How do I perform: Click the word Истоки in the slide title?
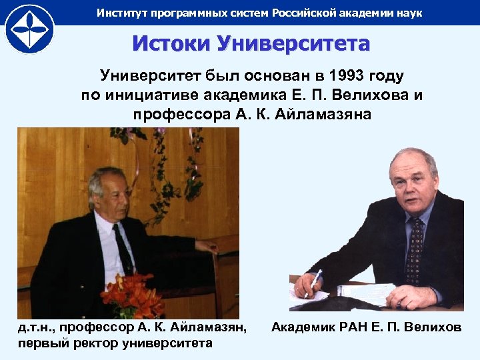169,44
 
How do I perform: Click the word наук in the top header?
408,13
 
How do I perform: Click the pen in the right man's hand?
314,279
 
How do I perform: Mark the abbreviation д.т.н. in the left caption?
33,328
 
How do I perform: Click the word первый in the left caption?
41,343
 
